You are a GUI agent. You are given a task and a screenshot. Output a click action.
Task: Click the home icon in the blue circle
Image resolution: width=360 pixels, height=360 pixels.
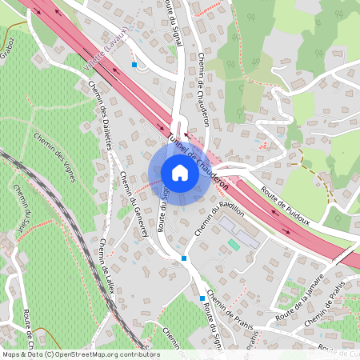[x=179, y=172]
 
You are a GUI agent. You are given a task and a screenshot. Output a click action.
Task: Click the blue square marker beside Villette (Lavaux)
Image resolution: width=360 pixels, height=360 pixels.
[x=134, y=64]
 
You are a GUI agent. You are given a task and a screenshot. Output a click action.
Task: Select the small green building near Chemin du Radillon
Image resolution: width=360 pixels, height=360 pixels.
[x=233, y=242]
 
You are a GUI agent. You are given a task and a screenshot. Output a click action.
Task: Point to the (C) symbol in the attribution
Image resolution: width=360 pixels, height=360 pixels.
[x=49, y=354]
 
